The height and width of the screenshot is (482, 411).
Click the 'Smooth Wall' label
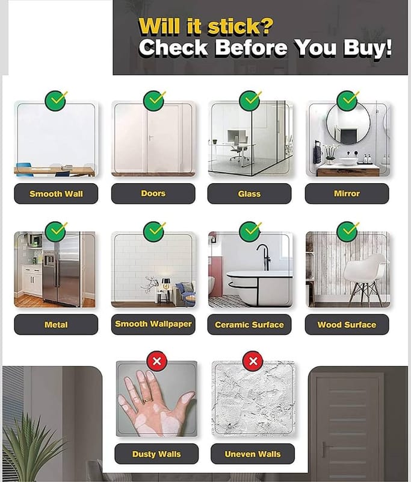56,193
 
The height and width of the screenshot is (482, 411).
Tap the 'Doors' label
153,193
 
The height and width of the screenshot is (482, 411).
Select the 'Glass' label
249,193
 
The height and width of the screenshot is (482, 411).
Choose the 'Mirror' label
347,193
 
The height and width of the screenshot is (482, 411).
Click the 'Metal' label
56,324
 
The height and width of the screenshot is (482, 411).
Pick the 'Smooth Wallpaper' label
153,324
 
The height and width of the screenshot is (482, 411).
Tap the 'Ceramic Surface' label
249,324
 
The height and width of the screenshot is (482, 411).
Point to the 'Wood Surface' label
347,324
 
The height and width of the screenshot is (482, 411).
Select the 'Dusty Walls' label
156,454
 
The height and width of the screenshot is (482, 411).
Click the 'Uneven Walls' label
253,454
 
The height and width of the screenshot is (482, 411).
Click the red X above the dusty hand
157,361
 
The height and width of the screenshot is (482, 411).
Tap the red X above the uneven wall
253,361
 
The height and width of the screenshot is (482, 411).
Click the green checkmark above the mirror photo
348,101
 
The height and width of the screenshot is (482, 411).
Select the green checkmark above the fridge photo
56,231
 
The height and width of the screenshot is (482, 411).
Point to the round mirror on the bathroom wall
348,122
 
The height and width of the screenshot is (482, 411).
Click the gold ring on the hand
147,400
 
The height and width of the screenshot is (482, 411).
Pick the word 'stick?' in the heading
239,27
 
